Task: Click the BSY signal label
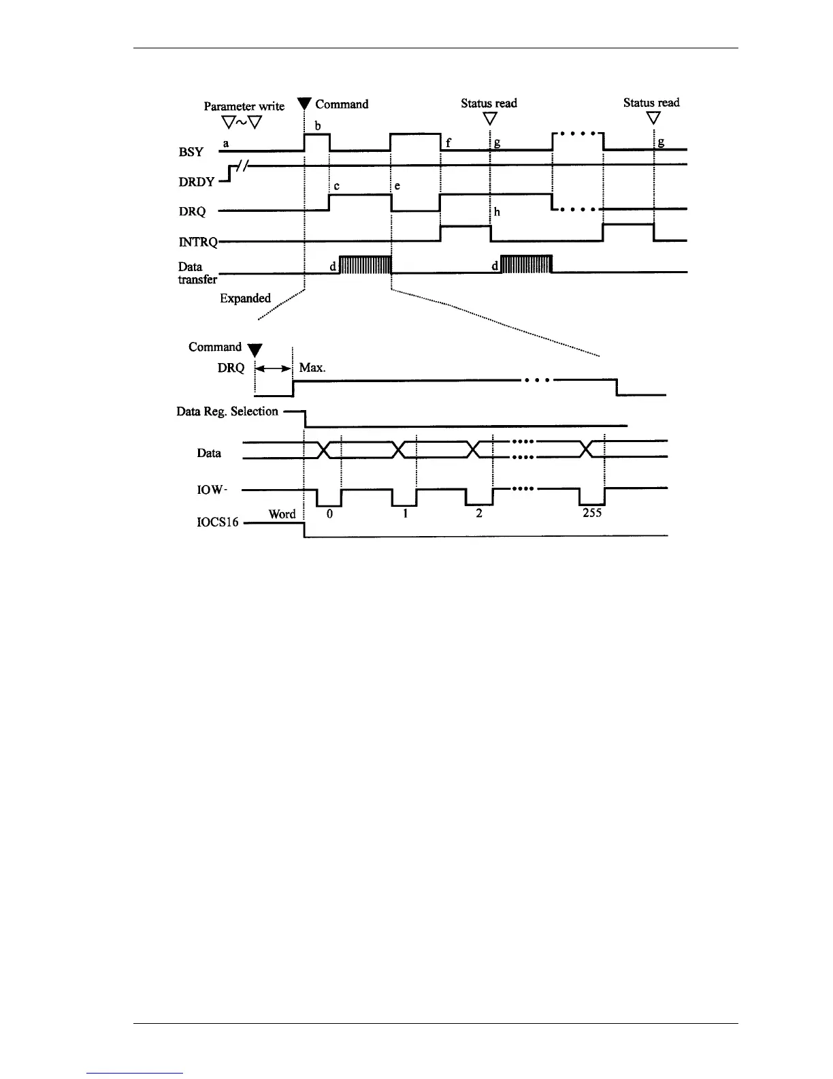(x=191, y=152)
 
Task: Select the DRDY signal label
(x=197, y=182)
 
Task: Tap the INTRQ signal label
(x=198, y=242)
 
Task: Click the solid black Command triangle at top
(x=304, y=104)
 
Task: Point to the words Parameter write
(x=244, y=106)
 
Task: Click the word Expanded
(x=245, y=298)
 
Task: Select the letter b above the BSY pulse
(x=317, y=126)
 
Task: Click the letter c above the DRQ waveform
(x=336, y=186)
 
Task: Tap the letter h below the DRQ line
(x=497, y=212)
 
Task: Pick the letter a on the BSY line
(x=226, y=144)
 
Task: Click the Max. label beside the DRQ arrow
(x=312, y=368)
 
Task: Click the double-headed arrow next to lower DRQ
(x=274, y=368)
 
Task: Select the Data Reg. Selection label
(x=227, y=411)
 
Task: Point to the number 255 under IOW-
(x=592, y=513)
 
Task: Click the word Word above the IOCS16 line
(x=282, y=514)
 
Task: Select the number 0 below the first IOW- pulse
(x=329, y=514)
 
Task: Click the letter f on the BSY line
(x=448, y=144)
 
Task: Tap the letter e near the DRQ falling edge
(x=397, y=186)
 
